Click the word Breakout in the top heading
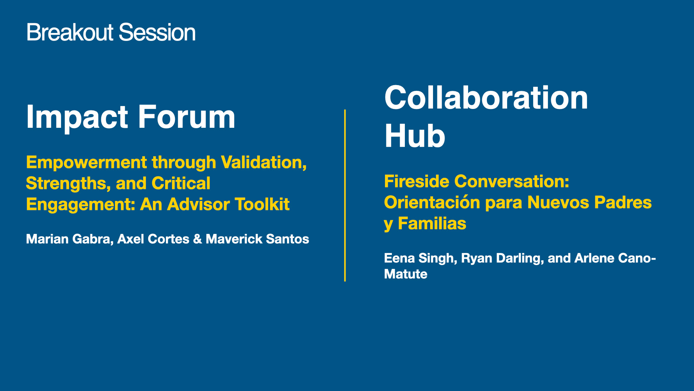point(70,32)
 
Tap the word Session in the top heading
point(157,32)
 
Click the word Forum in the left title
point(187,117)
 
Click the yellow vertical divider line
point(345,195)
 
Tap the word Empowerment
point(86,163)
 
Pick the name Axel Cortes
point(153,239)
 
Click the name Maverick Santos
point(257,239)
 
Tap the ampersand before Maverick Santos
point(197,239)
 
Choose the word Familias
point(432,223)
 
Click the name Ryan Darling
point(501,258)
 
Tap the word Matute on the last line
point(406,274)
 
